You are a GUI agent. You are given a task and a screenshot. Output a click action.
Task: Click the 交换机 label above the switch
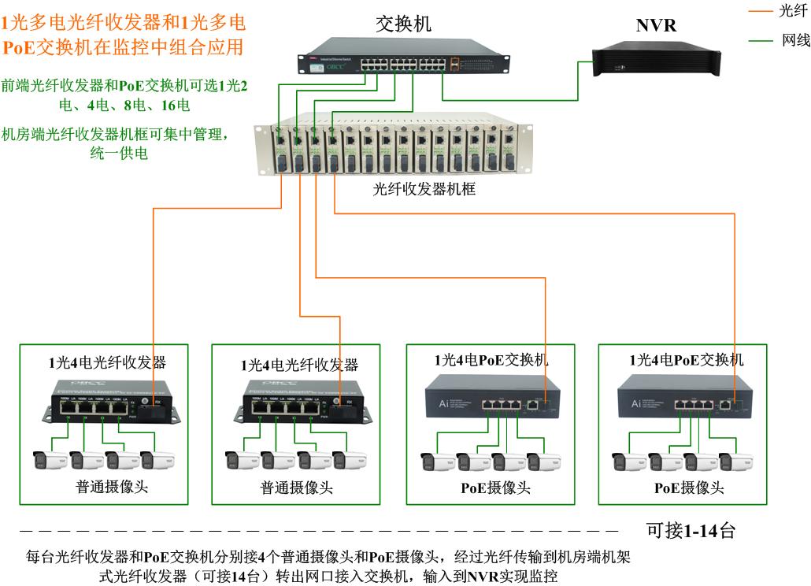click(x=403, y=24)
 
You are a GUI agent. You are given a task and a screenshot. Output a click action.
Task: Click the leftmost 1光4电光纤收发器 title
click(x=107, y=363)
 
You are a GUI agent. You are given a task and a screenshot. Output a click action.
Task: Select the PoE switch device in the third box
click(x=492, y=397)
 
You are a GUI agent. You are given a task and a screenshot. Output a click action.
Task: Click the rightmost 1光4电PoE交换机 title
click(x=686, y=360)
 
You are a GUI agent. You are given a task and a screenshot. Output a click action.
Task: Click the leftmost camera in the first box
click(x=50, y=460)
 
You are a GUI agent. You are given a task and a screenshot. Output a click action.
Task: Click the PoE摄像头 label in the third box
click(x=495, y=488)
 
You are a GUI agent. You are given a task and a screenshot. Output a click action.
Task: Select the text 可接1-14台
click(x=691, y=530)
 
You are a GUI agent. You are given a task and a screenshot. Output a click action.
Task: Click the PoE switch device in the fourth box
click(x=683, y=397)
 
